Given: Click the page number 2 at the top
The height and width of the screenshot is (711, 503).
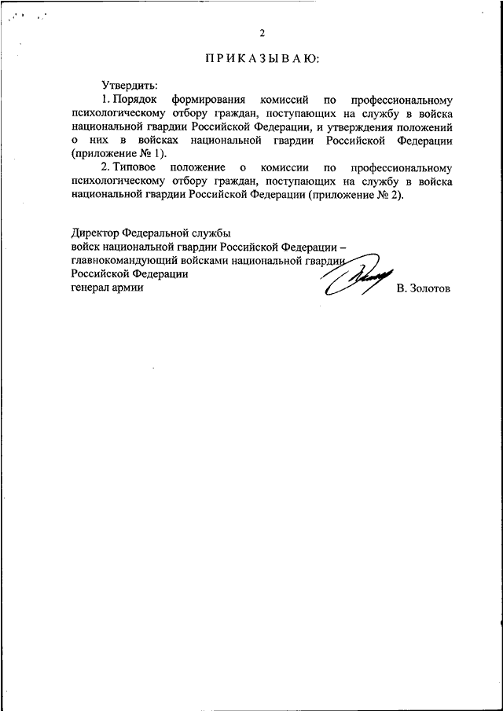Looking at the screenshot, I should tap(263, 33).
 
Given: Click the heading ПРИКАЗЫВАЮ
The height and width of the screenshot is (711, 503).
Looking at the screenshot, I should tap(263, 59).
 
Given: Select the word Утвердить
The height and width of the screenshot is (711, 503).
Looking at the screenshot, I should tap(130, 85).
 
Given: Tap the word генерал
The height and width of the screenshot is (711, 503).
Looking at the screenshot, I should tap(90, 288).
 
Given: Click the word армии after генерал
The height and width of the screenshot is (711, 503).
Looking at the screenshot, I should tap(129, 288).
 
